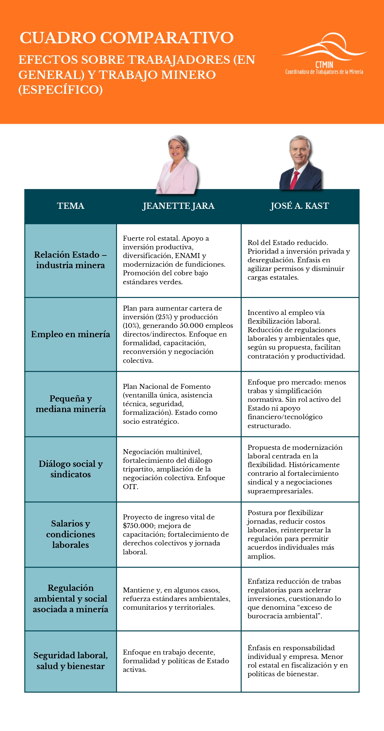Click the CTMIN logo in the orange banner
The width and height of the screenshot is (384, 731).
(x=324, y=54)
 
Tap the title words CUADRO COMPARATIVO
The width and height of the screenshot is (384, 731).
(x=126, y=38)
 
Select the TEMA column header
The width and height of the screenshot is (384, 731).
(x=71, y=206)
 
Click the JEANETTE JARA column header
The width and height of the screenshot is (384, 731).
(x=178, y=206)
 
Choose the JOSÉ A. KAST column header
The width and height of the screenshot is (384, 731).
(x=300, y=206)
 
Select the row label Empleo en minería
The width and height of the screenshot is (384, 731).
(x=71, y=334)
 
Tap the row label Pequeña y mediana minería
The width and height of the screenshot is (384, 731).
(x=71, y=404)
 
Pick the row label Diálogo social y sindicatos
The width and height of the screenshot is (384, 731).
(x=71, y=469)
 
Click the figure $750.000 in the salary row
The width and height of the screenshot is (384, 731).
(x=138, y=526)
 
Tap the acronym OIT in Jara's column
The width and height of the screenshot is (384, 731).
(x=130, y=487)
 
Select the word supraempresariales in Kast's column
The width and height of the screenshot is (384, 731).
(x=280, y=491)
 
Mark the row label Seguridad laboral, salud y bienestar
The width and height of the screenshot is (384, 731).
(x=71, y=660)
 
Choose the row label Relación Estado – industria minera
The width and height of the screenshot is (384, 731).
(x=71, y=260)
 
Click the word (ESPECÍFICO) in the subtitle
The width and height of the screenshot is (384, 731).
(x=61, y=90)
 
